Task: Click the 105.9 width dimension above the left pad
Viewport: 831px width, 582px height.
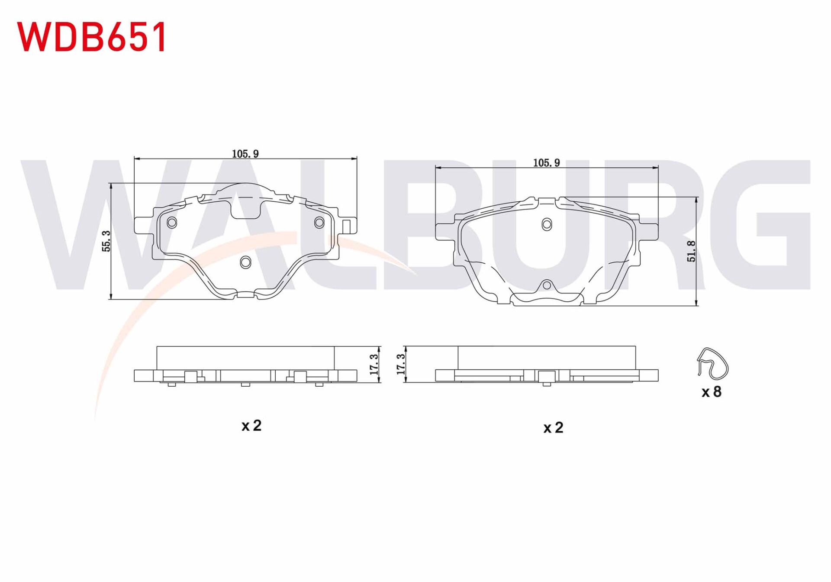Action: (245, 154)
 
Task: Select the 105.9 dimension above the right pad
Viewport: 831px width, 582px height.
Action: (546, 163)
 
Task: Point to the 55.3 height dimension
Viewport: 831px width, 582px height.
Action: (106, 241)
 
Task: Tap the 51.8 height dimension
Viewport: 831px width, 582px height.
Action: (691, 251)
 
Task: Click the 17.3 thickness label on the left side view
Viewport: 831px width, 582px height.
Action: (374, 364)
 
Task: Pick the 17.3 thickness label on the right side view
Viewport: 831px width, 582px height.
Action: (401, 364)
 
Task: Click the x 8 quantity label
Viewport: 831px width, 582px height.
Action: (712, 392)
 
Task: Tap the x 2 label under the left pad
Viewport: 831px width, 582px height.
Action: (251, 426)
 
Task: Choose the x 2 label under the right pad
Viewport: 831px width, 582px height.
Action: (553, 428)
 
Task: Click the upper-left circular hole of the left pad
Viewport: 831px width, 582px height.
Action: (172, 223)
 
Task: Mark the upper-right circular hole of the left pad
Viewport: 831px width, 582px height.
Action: (319, 223)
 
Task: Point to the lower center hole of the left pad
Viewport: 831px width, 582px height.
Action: (245, 262)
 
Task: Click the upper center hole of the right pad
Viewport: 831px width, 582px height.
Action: (547, 225)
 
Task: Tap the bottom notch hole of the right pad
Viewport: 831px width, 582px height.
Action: (547, 285)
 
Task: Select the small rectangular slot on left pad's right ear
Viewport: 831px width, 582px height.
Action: (346, 226)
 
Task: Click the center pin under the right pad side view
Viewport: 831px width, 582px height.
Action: (547, 384)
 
